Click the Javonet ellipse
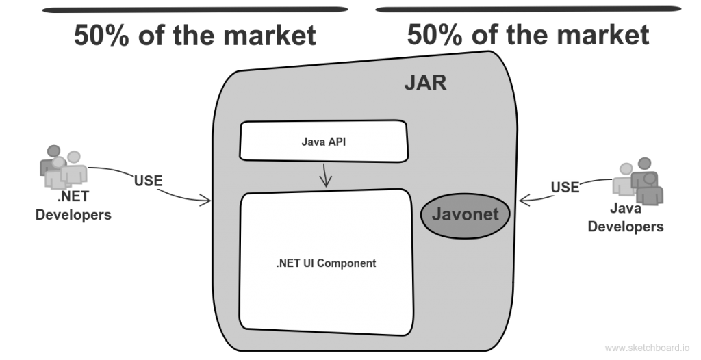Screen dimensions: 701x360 click(x=466, y=215)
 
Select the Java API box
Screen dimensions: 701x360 click(x=324, y=141)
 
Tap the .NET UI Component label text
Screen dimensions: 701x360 click(x=326, y=263)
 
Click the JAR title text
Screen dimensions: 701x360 click(x=425, y=83)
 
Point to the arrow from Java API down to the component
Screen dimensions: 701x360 click(x=325, y=175)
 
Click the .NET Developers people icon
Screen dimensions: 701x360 click(x=64, y=166)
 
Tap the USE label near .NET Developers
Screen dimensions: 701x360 click(x=148, y=181)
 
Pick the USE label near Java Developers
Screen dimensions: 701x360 click(x=565, y=187)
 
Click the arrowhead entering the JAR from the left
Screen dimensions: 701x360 click(x=206, y=201)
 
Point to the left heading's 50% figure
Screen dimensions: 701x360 click(x=102, y=36)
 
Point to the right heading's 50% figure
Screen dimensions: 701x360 click(x=435, y=35)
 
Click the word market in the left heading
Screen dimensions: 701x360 click(x=270, y=36)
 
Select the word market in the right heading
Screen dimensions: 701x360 click(x=603, y=35)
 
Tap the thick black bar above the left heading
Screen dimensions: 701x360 click(x=195, y=10)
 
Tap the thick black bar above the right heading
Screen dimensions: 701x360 click(x=528, y=9)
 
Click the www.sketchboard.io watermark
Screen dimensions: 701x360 click(x=648, y=348)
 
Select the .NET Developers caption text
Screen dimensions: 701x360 click(x=73, y=205)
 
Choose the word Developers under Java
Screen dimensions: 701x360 click(x=626, y=227)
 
